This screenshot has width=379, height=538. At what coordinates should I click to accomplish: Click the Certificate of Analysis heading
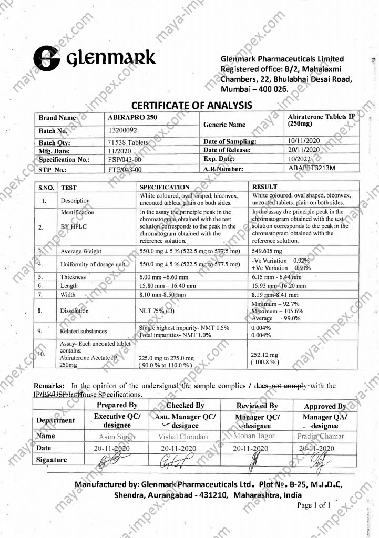tap(191, 105)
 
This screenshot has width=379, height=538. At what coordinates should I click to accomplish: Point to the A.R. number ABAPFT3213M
tap(312, 168)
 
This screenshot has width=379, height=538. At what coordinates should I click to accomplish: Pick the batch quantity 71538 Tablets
tap(128, 142)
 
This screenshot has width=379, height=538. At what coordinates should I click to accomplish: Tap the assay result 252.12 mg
tap(267, 355)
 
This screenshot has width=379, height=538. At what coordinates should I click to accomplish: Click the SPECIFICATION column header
tap(165, 187)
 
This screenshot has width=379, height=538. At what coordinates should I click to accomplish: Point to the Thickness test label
tap(73, 276)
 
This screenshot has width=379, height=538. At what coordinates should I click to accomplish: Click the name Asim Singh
tap(117, 437)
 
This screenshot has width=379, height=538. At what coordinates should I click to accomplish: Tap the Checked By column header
tap(185, 406)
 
